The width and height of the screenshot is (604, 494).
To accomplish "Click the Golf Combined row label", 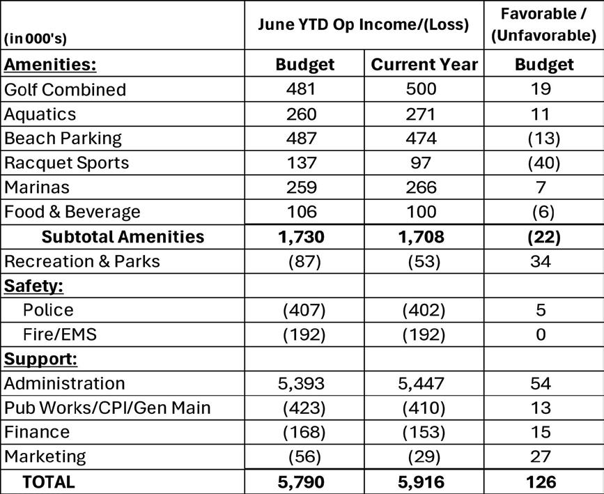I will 65,89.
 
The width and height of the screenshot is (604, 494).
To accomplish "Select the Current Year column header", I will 424,65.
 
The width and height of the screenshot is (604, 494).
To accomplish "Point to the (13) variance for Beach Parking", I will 543,138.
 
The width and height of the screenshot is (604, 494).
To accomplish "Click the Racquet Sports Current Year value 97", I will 422,162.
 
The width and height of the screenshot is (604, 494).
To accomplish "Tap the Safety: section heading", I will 30,286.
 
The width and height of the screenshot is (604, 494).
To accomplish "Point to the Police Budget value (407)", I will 304,310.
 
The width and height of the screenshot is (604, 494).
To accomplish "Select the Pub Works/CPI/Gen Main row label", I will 107,408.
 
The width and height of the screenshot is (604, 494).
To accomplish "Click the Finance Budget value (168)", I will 304,432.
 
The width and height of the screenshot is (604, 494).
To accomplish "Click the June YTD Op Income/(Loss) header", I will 363,24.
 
